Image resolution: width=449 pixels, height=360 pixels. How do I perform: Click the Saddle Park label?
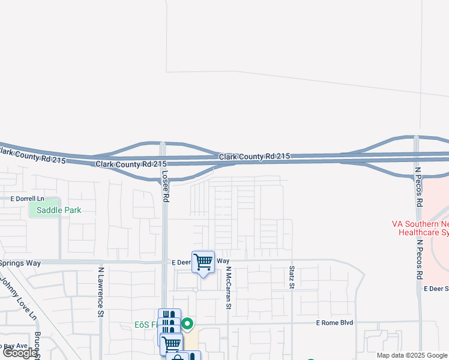59,210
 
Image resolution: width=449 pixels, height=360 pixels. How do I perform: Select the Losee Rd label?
164,185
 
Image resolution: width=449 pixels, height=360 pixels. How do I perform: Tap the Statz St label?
292,277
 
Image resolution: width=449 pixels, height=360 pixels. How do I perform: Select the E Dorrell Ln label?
28,199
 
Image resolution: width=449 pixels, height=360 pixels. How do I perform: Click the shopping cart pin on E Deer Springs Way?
203,262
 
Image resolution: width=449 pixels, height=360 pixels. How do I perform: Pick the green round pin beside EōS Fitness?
187,325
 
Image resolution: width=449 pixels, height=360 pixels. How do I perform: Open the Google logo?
20,353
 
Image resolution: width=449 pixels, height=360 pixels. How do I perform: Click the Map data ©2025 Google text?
412,355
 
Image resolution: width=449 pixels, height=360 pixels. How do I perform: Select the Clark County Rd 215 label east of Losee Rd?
254,157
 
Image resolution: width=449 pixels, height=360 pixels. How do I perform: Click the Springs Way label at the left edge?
20,263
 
